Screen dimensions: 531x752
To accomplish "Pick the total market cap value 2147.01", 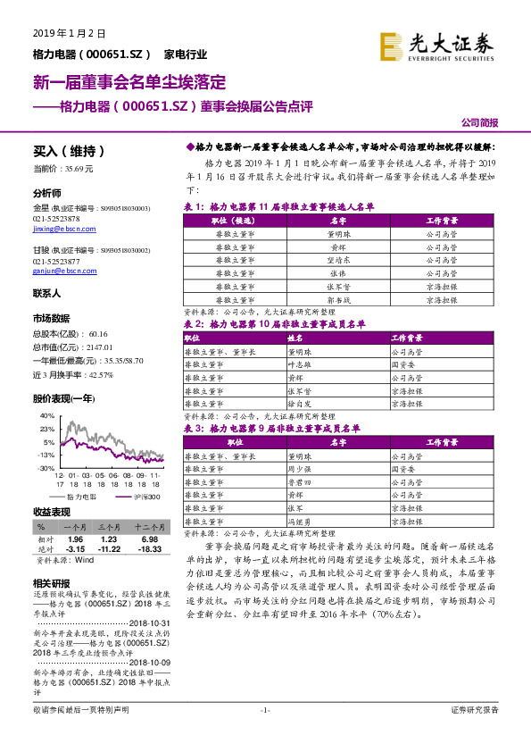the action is [x=99, y=346].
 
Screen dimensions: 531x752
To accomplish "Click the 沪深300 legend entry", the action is [x=144, y=496].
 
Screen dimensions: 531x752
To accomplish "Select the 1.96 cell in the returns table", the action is [x=75, y=539].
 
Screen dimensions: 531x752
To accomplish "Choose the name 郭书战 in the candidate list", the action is [x=338, y=301].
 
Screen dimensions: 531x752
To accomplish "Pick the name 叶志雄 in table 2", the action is [x=298, y=364].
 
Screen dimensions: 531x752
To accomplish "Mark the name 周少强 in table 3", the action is [x=298, y=469].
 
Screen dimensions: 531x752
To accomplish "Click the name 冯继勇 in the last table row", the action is [x=298, y=521].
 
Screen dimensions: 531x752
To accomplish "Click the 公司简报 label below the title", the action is [x=480, y=123].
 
